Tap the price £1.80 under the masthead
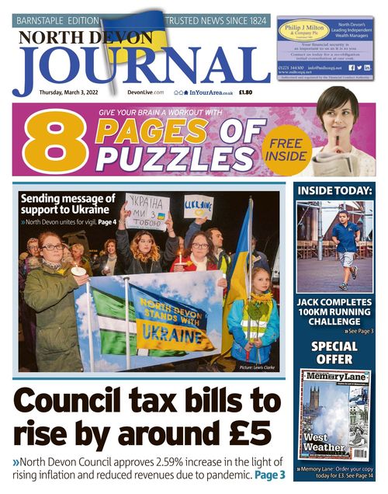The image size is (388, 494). coord(245,92)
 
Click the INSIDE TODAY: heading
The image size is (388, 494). coord(334,190)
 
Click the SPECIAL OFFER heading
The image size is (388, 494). coord(334,353)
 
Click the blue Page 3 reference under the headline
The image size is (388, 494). coord(270,474)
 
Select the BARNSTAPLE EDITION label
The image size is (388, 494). coord(58,19)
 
